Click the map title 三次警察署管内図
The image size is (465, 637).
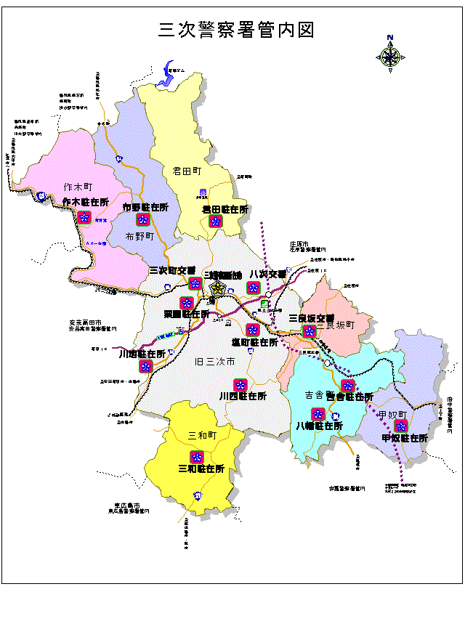coord(236,30)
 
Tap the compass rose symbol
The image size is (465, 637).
coord(390,56)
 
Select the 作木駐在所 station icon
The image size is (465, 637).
coord(84,217)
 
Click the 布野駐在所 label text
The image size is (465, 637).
coord(145,207)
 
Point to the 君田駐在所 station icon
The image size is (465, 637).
coord(215,222)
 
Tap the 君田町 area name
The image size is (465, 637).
coord(187,171)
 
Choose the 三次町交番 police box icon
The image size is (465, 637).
coord(195,283)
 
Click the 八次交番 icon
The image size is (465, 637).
coord(253,287)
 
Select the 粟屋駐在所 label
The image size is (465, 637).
coord(187,315)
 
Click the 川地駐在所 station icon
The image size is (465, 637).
coord(145,366)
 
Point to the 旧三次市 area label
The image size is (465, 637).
coord(214,361)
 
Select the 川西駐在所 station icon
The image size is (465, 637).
coord(240,384)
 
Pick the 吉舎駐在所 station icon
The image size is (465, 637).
coord(347,386)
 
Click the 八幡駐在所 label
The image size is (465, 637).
coord(319,426)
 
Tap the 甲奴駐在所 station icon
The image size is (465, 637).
coord(399,426)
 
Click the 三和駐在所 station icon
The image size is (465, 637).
coord(196,456)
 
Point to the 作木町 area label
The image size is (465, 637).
coord(78,187)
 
